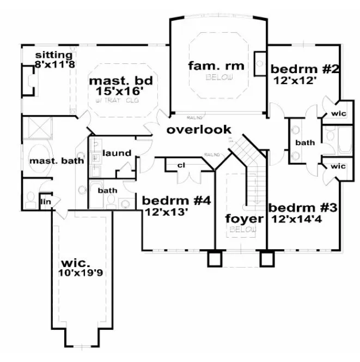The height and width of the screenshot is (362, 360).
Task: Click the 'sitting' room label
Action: click(54, 55)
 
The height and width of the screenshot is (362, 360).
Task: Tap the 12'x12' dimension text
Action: click(294, 80)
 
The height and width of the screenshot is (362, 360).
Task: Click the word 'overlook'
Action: click(199, 130)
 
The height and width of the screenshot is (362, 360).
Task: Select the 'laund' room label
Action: click(117, 153)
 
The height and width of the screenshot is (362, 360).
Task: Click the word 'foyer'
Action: click(245, 219)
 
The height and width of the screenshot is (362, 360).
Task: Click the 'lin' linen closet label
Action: click(45, 202)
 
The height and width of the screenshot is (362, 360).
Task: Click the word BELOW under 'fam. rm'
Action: click(219, 78)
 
